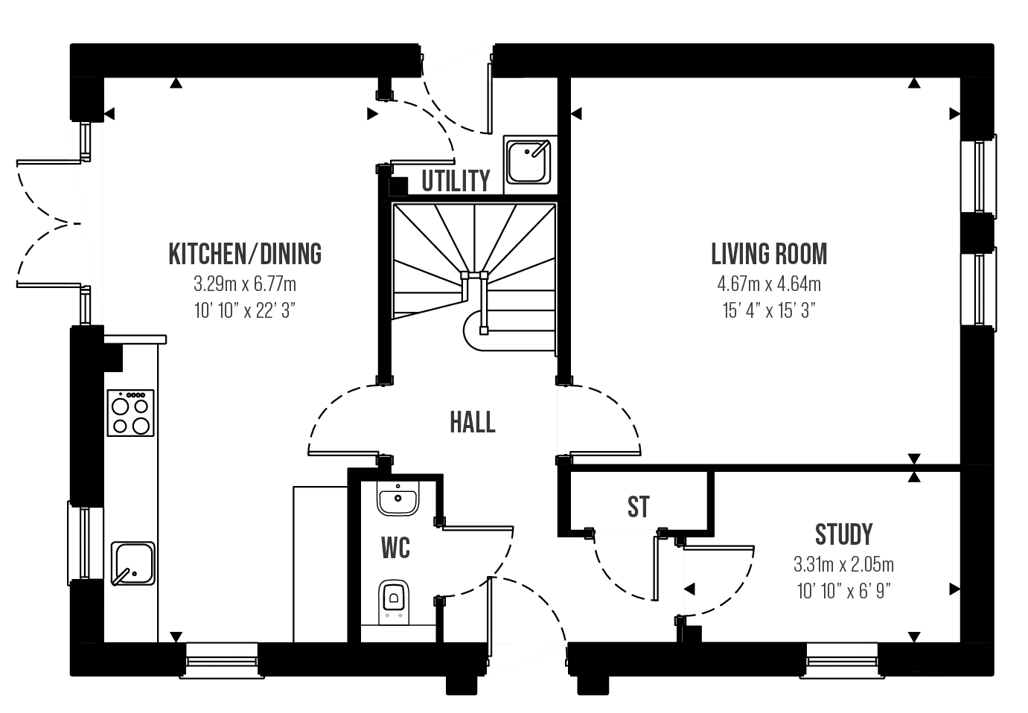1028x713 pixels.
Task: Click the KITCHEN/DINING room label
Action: point(245,254)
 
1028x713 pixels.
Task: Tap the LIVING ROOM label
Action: point(769,254)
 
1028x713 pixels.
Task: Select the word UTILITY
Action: point(456,181)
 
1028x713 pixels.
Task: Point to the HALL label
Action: point(472,423)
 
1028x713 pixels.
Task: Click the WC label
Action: point(395,549)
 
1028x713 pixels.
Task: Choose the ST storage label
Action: point(638,507)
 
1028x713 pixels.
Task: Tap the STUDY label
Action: point(843,534)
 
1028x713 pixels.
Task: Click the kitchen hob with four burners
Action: point(131,413)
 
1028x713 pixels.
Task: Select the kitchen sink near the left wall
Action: point(133,563)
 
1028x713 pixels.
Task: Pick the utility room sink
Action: point(529,160)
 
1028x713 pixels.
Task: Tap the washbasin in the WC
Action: point(398,498)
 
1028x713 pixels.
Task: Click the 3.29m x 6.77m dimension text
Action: point(245,284)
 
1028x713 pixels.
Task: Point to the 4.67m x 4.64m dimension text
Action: point(769,284)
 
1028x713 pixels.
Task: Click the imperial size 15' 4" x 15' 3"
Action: point(769,310)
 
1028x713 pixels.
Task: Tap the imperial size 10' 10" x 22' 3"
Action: point(245,310)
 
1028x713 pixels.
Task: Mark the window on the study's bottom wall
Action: point(843,659)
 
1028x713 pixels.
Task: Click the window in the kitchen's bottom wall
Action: point(221,659)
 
